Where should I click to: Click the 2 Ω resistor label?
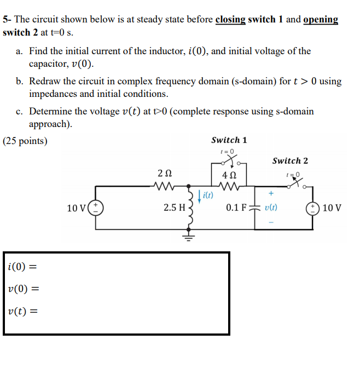tap(164, 174)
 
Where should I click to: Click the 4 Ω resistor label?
tap(230, 176)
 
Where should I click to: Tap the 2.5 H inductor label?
tap(175, 208)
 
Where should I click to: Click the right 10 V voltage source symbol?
tap(314, 208)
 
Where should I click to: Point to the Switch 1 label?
tap(229, 140)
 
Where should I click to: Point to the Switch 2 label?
tap(290, 160)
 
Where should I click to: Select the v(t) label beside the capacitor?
tap(271, 208)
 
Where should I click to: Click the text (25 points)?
tap(25, 141)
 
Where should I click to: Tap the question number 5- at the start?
tap(7, 20)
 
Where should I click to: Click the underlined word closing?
tap(230, 20)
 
